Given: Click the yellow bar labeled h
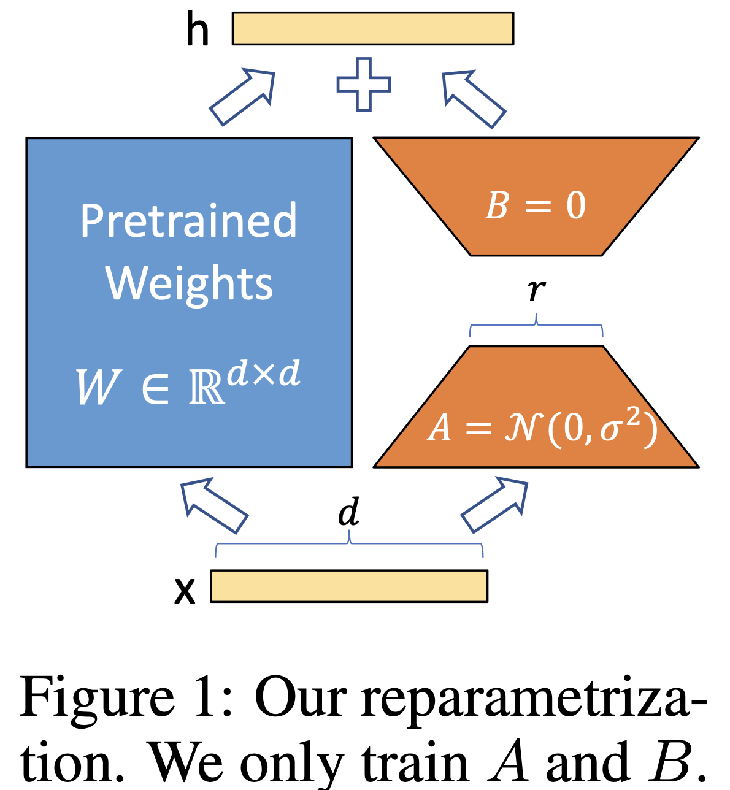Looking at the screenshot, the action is click(x=372, y=29).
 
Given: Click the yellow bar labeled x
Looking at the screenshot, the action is click(x=349, y=586).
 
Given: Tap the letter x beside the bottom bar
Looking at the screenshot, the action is click(x=185, y=591).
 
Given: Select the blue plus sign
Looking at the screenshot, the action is click(x=363, y=84).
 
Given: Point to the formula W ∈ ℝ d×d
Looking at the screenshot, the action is click(x=188, y=383).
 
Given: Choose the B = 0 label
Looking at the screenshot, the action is click(x=536, y=205).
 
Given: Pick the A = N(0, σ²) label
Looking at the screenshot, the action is click(x=542, y=428).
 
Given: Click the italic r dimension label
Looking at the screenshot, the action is click(x=537, y=290).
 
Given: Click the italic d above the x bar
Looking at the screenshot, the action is click(x=349, y=512).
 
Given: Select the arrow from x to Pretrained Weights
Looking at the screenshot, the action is click(x=213, y=505).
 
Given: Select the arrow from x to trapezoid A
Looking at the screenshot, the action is click(x=495, y=504).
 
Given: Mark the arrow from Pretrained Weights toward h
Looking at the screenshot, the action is click(x=242, y=97).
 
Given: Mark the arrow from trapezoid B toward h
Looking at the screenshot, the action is click(x=474, y=99).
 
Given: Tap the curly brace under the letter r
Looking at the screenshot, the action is click(x=536, y=325).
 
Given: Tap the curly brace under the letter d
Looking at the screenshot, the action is click(x=349, y=543).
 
